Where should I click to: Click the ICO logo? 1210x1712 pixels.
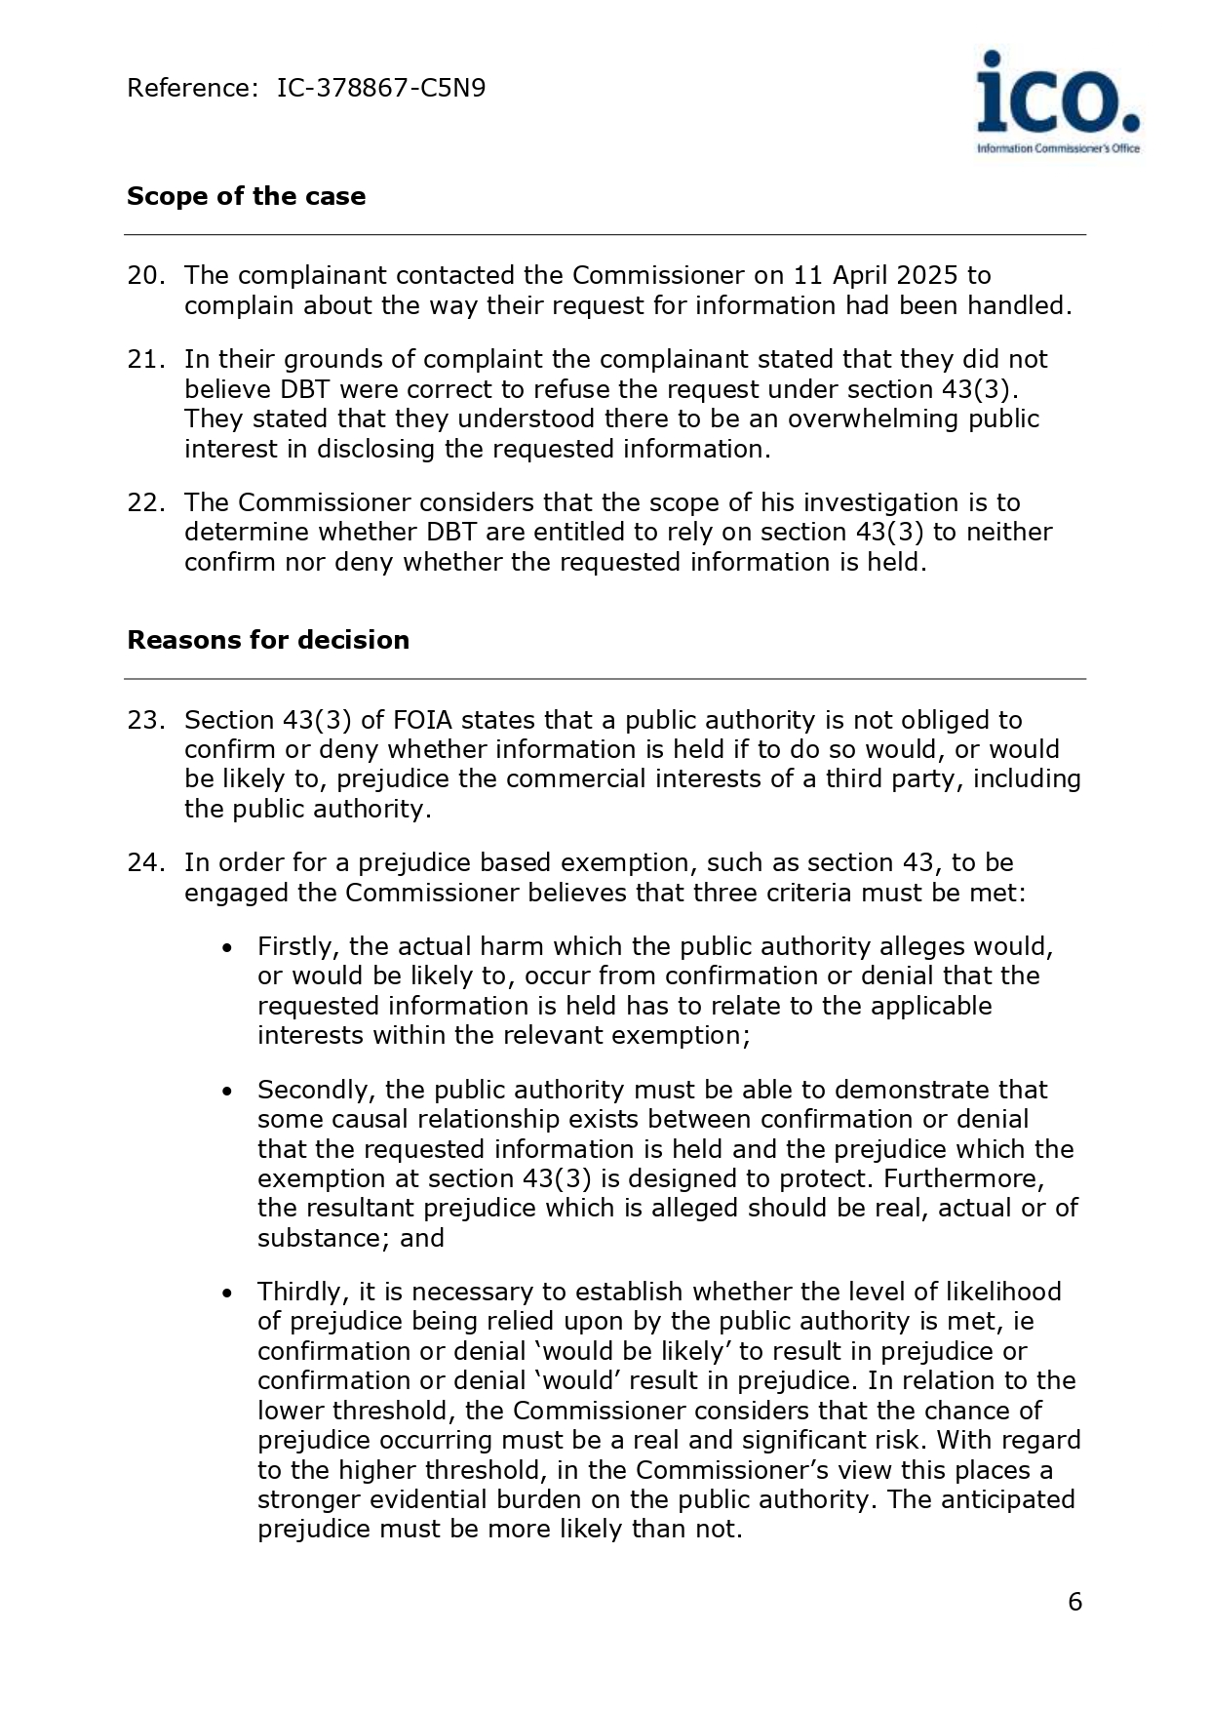click(x=1058, y=101)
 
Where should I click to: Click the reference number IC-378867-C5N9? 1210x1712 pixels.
click(x=380, y=89)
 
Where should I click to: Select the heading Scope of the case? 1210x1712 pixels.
click(x=246, y=196)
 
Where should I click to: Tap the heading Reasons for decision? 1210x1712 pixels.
click(x=268, y=640)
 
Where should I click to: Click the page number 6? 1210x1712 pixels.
click(x=1074, y=1603)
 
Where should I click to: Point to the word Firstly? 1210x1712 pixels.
click(x=298, y=947)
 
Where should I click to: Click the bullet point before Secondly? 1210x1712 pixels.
click(x=227, y=1092)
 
